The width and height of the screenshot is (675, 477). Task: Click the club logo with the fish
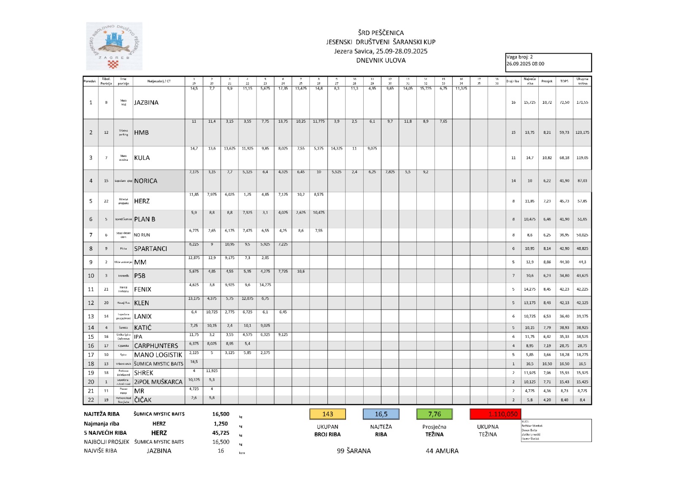tap(114, 46)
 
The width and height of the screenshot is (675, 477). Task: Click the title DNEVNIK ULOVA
tap(381, 60)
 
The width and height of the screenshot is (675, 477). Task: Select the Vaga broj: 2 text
tap(520, 57)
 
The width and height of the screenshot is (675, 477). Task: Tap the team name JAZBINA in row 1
tap(146, 102)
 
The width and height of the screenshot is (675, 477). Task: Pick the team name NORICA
tap(146, 181)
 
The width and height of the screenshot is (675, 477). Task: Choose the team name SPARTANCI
tap(150, 249)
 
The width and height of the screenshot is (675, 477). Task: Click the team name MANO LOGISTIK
tap(158, 355)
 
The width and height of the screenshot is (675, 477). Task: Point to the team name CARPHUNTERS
tap(156, 346)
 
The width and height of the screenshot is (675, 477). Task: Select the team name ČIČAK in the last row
tap(143, 400)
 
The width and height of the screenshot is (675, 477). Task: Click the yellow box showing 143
tap(328, 414)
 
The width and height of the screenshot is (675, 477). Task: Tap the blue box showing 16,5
tap(381, 414)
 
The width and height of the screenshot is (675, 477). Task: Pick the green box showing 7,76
tap(434, 414)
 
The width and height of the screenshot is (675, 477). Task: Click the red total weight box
tap(495, 414)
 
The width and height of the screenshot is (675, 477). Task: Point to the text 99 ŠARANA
tap(354, 451)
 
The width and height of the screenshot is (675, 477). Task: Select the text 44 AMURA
tap(442, 451)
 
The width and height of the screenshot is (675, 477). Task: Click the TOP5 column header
tap(564, 81)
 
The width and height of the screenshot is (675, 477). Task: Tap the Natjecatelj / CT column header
tap(159, 81)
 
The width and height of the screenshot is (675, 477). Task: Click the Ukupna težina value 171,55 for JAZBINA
tap(582, 102)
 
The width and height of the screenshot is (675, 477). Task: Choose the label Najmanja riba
tap(102, 424)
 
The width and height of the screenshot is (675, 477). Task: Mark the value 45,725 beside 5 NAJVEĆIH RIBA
tap(221, 433)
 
